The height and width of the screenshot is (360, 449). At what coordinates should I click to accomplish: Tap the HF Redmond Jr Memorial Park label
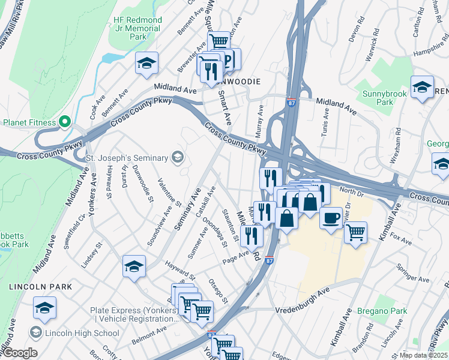[137, 28]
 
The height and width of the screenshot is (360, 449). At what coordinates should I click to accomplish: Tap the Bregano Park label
[382, 311]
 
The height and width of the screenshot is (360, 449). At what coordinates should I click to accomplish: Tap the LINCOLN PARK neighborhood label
[40, 287]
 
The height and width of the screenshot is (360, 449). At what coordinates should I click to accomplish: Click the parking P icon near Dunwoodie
[230, 59]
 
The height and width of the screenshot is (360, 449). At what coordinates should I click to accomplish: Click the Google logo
[19, 353]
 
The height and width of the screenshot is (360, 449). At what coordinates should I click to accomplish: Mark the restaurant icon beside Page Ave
[252, 236]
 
